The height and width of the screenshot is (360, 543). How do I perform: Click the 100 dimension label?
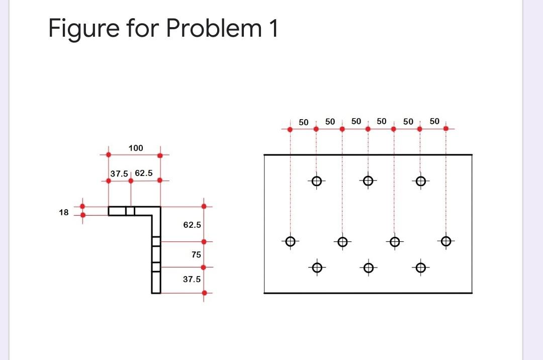pos(136,148)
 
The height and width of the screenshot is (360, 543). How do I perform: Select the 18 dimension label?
pos(63,212)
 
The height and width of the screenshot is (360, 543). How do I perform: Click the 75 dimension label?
pos(196,254)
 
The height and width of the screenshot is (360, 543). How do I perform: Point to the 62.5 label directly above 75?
pos(192,225)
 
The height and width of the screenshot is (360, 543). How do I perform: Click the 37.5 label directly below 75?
pos(192,279)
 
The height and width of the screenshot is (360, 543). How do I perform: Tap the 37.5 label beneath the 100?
pos(119,173)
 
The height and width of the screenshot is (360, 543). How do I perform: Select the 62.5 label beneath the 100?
pos(144,173)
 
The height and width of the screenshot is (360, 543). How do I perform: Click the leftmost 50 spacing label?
pos(303,122)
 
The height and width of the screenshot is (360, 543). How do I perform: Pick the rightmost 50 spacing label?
pos(435,121)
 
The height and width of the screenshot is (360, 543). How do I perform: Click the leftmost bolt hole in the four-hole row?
pos(290,241)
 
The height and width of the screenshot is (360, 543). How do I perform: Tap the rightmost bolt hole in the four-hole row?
pos(445,241)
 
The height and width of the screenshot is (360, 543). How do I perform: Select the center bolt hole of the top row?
pos(368,181)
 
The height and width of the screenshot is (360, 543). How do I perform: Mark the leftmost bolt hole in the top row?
pos(316,181)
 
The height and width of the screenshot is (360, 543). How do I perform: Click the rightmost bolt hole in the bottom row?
pos(420,267)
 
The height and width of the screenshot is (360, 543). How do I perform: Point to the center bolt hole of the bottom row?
pos(368,267)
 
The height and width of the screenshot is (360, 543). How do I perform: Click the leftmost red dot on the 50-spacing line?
pos(290,129)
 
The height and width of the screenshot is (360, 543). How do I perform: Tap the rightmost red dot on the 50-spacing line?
pos(446,128)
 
